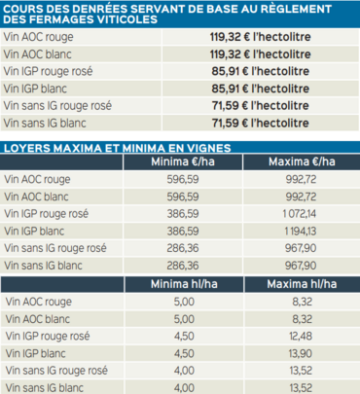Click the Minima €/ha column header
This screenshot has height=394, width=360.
coord(183,161)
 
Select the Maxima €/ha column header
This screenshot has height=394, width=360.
coord(302,161)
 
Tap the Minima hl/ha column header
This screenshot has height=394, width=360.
coord(184,284)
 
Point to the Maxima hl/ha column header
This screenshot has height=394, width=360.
coord(302,284)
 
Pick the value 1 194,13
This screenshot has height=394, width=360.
coord(300,232)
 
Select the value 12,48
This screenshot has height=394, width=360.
coord(301,336)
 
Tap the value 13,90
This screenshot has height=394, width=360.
coord(301,353)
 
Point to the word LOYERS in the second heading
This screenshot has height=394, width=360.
coord(26,148)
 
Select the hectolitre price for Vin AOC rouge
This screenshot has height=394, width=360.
coord(260,37)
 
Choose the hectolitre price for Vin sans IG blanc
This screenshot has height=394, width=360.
coord(260,123)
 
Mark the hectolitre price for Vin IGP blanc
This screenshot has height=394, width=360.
coord(260,89)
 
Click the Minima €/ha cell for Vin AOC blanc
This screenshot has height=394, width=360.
coord(183,197)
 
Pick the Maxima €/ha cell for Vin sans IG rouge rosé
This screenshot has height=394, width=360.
coord(301,248)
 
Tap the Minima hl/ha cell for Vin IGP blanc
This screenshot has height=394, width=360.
coord(184,353)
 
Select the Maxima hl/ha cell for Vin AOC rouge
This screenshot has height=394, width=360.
coord(302,302)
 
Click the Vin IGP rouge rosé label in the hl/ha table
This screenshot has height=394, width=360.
coord(48,337)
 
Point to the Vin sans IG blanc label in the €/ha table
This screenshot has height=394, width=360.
coord(43,266)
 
